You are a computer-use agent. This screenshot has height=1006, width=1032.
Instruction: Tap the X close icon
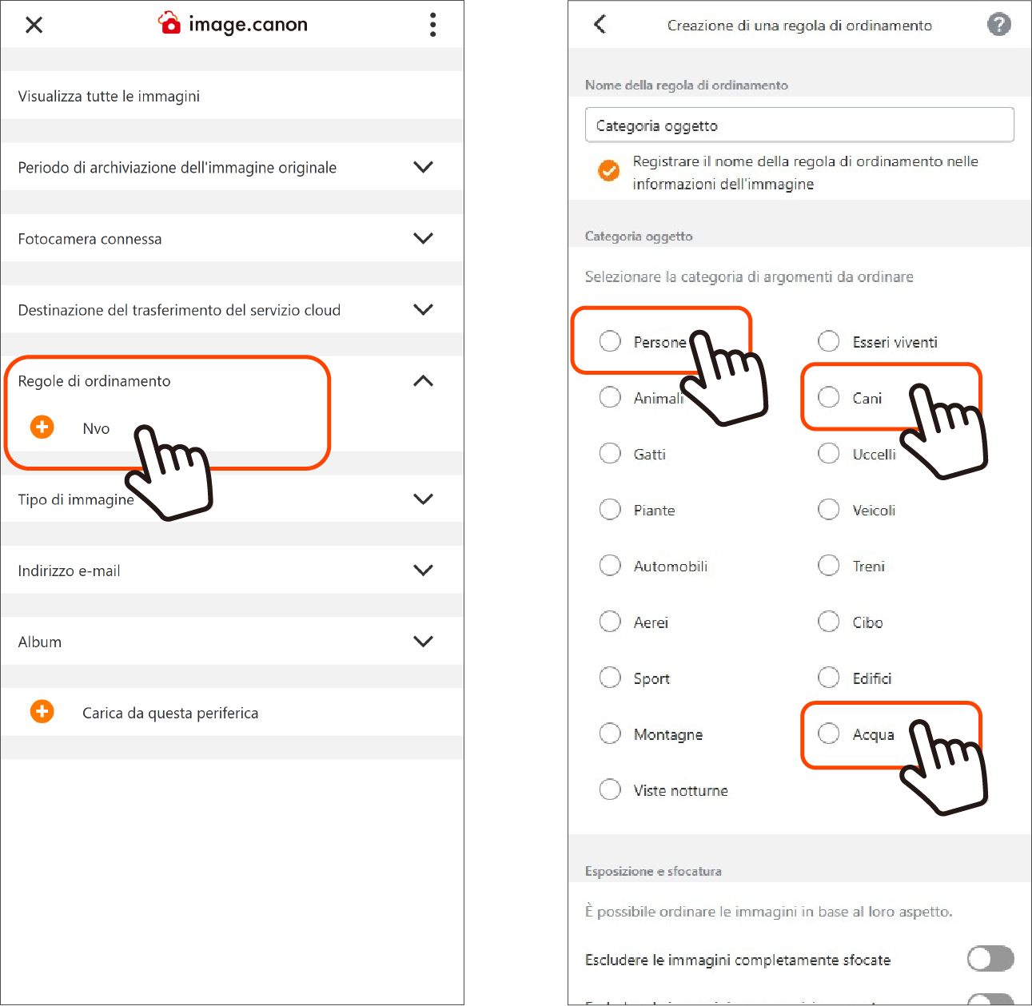[x=34, y=25]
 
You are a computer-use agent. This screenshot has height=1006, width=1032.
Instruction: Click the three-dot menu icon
[x=432, y=25]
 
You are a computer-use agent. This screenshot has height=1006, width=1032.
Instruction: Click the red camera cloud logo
[x=169, y=23]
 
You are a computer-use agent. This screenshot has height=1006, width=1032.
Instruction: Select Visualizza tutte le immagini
[x=109, y=96]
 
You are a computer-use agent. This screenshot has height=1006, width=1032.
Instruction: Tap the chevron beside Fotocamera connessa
[x=423, y=238]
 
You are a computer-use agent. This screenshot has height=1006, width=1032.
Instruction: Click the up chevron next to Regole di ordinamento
[x=423, y=380]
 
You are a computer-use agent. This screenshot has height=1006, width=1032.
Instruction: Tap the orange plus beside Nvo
[x=42, y=427]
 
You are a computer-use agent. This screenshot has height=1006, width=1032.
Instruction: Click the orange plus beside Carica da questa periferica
[x=42, y=711]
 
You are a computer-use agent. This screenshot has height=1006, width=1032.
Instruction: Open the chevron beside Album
[x=423, y=642]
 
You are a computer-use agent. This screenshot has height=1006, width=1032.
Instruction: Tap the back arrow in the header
[x=600, y=24]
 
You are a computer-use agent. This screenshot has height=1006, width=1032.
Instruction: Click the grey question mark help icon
[x=998, y=25]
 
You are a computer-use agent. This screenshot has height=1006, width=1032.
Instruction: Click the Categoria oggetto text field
[x=799, y=125]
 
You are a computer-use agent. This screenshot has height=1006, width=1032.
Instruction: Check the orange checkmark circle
[x=608, y=171]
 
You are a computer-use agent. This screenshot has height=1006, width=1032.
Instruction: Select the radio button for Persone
[x=610, y=341]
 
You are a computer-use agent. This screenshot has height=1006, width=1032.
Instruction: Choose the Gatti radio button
[x=610, y=453]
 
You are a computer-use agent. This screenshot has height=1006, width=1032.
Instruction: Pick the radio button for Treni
[x=828, y=565]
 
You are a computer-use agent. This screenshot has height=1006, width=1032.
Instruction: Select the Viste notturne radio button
[x=610, y=789]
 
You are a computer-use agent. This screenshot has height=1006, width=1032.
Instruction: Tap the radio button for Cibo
[x=828, y=621]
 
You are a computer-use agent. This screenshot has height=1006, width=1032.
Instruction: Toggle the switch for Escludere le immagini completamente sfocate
[x=990, y=958]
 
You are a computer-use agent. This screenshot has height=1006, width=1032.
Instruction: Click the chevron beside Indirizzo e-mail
[x=423, y=570]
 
